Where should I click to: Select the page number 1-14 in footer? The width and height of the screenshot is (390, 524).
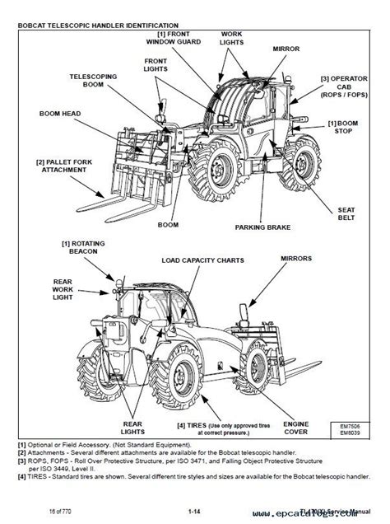point(194,512)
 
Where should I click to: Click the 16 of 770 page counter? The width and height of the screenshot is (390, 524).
point(62,512)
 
